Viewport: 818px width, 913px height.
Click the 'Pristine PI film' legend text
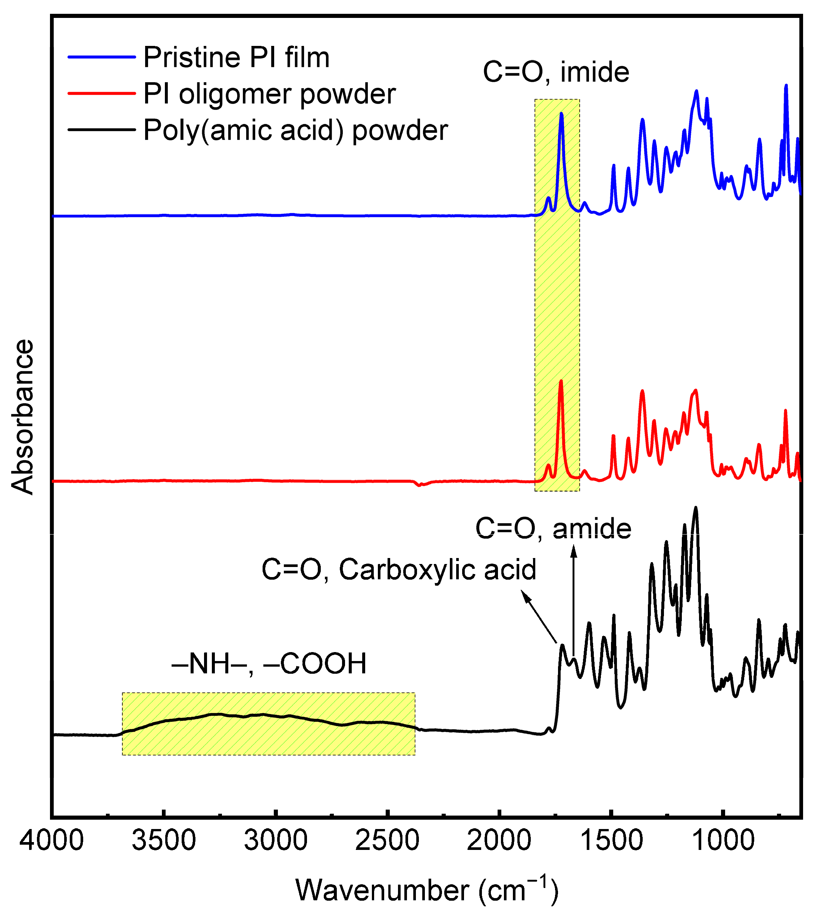coord(236,57)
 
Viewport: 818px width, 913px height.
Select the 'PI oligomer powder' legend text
coord(269,94)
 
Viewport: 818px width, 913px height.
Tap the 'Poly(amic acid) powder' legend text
coord(295,130)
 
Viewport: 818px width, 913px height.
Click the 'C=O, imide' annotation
coord(556,72)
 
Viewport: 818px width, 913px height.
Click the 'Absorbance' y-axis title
coord(22,417)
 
